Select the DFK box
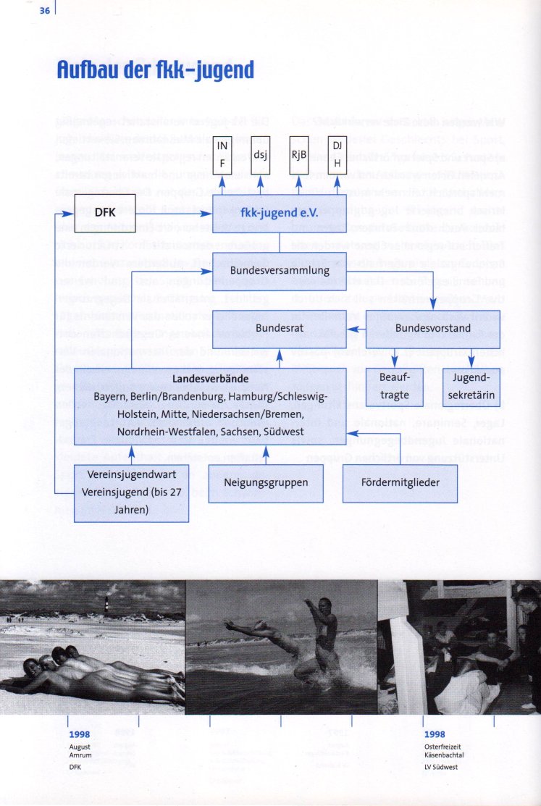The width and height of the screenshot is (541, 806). coord(105,213)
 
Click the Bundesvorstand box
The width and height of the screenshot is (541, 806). coord(434,328)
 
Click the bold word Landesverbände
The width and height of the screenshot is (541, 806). coord(210,379)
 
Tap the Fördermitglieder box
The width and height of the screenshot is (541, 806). coord(400,482)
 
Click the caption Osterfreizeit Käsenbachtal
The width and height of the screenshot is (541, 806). coord(444,750)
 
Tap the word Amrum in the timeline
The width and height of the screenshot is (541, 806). coord(80,755)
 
